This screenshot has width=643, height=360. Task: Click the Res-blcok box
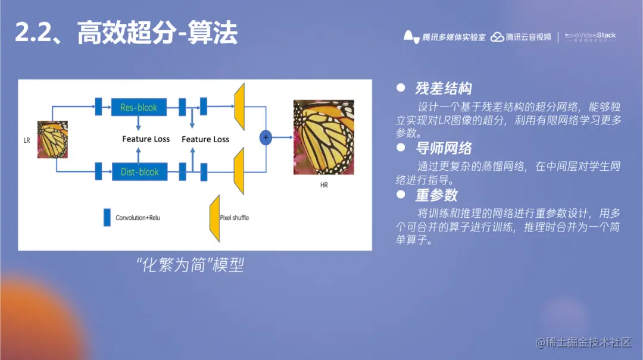[x=139, y=108]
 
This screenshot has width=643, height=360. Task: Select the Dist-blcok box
[x=139, y=172]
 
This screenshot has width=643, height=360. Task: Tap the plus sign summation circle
[x=266, y=137]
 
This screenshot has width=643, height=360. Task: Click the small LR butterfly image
[x=52, y=140]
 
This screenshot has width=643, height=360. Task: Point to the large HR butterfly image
[x=323, y=137]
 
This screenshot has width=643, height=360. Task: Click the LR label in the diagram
[x=27, y=141]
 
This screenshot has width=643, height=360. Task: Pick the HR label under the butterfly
[x=324, y=185]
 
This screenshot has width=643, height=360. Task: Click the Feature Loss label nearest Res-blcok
[x=146, y=139]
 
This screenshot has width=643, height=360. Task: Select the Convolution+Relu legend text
[x=138, y=218]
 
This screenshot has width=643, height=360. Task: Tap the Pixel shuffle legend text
[x=235, y=218]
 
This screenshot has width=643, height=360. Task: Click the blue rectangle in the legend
[x=107, y=217]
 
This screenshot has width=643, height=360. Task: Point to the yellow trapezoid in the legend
[x=214, y=217]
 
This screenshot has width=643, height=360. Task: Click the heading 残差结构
[x=444, y=89]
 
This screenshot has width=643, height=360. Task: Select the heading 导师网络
[x=444, y=148]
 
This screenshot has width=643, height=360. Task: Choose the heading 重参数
[x=436, y=195]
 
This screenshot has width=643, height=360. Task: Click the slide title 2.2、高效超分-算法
[x=126, y=33]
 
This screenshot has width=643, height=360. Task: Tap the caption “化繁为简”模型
[x=190, y=265]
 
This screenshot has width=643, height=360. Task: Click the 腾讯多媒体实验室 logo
[x=445, y=37]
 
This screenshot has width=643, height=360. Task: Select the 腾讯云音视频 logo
[x=521, y=37]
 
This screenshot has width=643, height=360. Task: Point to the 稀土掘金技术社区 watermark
[x=583, y=342]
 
